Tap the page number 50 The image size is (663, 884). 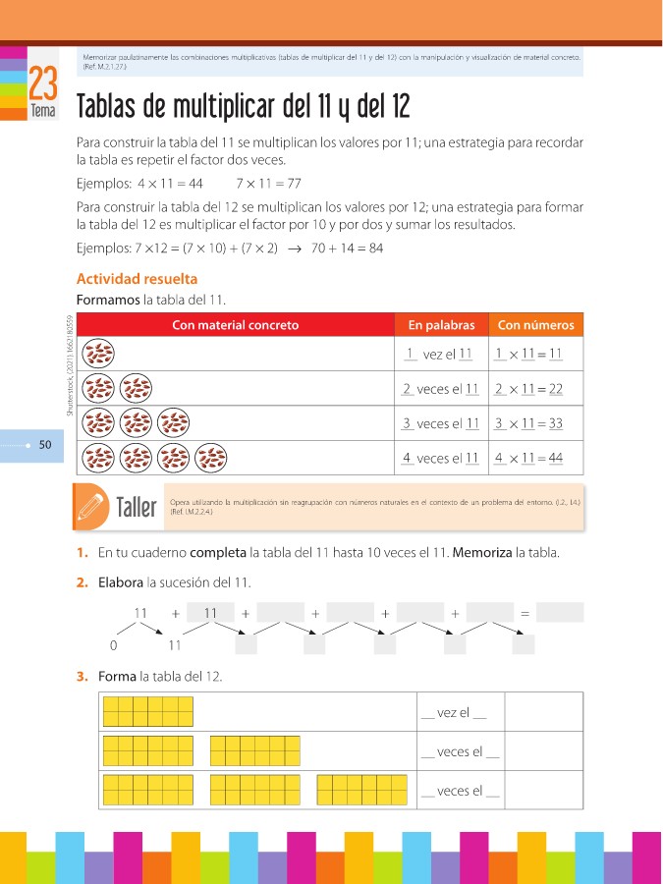45,446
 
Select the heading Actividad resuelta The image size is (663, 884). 137,279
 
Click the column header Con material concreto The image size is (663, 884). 235,325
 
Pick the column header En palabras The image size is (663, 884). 441,325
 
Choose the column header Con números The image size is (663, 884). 535,325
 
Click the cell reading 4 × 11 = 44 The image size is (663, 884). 528,459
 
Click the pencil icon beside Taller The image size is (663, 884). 90,506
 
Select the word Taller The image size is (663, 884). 136,508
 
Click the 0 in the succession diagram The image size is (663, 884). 114,645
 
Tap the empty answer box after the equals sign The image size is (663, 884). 560,613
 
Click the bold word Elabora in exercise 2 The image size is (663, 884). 122,582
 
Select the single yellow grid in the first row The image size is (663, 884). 148,711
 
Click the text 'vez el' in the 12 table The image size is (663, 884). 452,712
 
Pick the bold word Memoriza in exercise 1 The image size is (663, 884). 482,553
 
